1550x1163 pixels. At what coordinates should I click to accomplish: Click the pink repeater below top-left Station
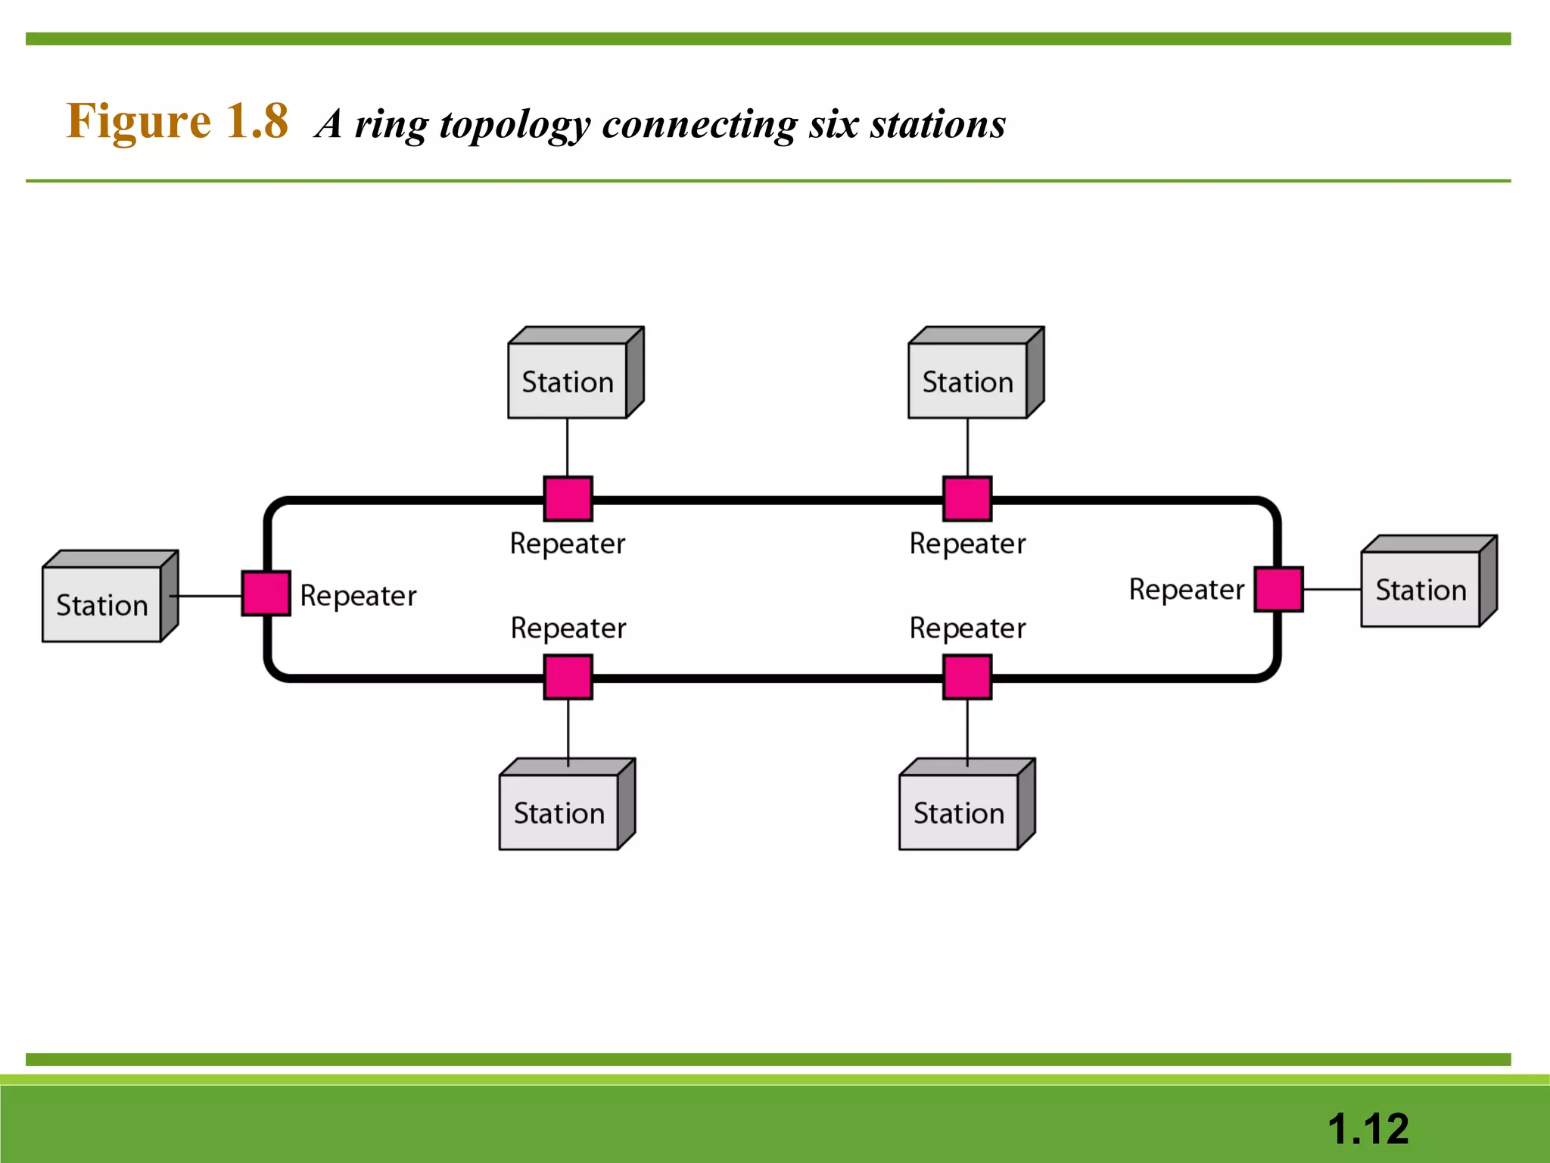tap(568, 499)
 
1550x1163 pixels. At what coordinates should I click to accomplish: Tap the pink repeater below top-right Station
tap(967, 499)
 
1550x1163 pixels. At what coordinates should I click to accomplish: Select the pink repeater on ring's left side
tap(266, 593)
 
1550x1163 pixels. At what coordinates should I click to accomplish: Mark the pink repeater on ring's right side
tap(1278, 588)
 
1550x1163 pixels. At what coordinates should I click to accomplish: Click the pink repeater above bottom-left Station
tap(568, 677)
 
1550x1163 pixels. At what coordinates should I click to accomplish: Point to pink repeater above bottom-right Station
tap(967, 677)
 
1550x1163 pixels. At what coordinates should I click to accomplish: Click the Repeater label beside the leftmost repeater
tap(358, 596)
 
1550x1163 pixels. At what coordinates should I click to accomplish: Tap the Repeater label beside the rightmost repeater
tap(1186, 589)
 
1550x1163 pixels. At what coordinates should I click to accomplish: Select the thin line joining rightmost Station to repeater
tap(1332, 589)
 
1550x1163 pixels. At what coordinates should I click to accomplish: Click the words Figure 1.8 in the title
tap(177, 121)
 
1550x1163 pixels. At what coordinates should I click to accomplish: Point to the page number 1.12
tap(1368, 1129)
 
